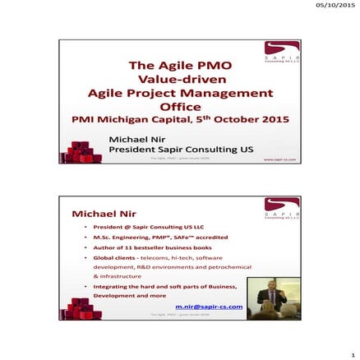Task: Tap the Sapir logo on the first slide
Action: tap(281, 54)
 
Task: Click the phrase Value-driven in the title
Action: tap(179, 80)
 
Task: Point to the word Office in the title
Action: tap(179, 106)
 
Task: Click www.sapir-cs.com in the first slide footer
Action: tap(279, 160)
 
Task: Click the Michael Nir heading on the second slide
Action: tap(101, 214)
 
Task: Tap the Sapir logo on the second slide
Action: tap(281, 209)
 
